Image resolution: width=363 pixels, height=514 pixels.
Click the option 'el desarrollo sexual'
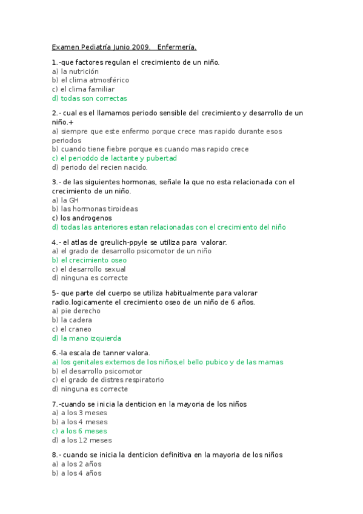point(89,269)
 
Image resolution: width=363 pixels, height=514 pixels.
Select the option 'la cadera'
point(72,320)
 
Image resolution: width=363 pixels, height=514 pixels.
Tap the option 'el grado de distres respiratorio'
point(108,380)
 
